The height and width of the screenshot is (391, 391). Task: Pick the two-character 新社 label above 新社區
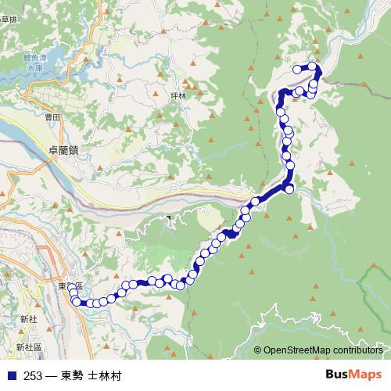[x=29, y=319]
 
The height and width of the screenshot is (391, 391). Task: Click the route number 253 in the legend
[x=33, y=376]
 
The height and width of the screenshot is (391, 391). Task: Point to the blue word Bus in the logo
[x=338, y=375]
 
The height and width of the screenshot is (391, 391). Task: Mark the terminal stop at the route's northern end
[x=297, y=70]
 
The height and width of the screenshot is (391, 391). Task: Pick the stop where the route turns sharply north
[x=289, y=188]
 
